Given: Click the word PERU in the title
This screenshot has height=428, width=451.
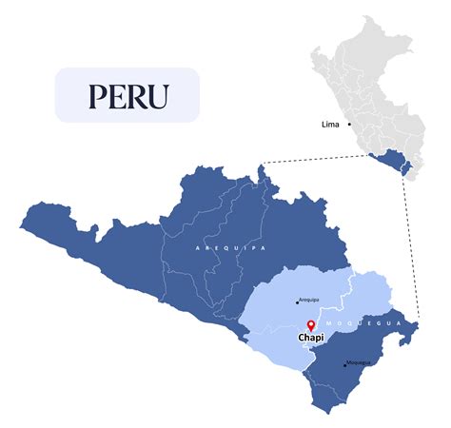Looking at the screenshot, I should [127, 96].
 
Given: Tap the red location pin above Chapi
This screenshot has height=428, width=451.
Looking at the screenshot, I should [311, 325].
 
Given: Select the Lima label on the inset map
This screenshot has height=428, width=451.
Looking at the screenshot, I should [332, 124].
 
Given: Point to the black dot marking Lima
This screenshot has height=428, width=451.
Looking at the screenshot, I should [349, 124].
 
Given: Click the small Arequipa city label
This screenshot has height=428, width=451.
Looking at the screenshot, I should [308, 301].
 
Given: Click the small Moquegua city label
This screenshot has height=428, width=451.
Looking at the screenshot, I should [359, 363].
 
